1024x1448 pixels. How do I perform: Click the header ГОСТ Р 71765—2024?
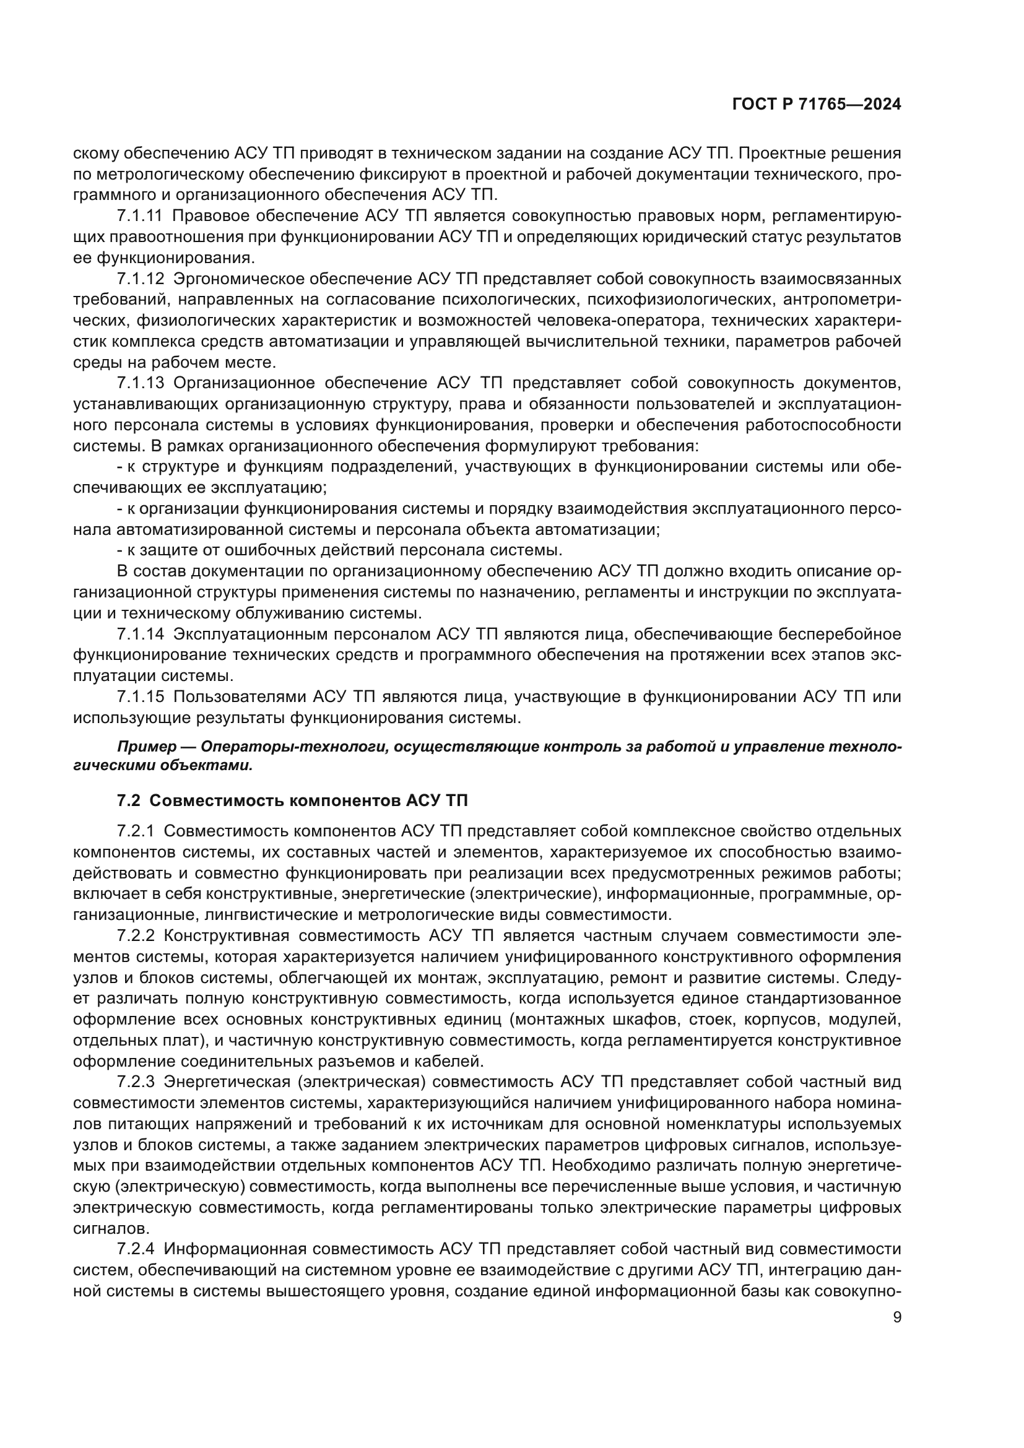click(x=816, y=105)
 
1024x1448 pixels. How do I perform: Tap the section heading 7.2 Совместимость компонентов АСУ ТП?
click(x=293, y=801)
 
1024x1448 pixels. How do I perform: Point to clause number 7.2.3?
click(x=136, y=1082)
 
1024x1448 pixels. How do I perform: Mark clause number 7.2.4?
click(x=136, y=1249)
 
